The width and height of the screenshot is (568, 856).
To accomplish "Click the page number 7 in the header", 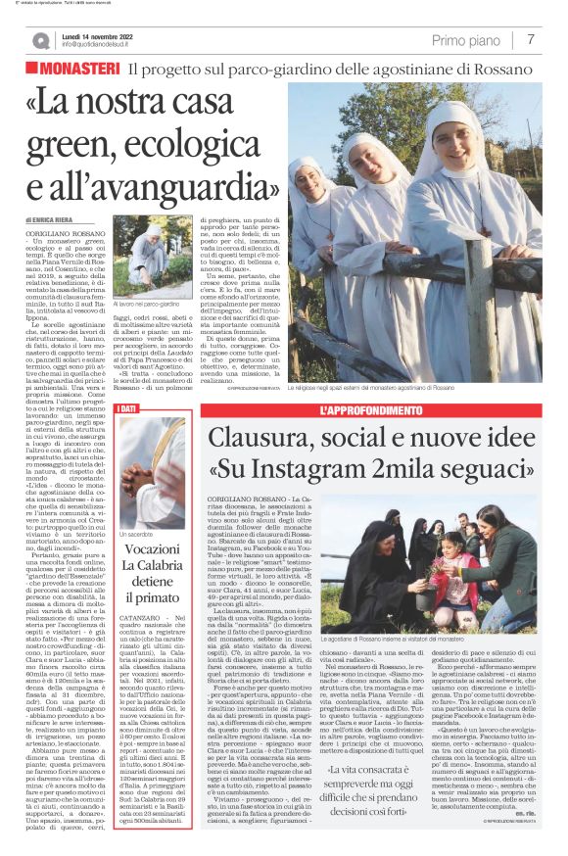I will point(530,39).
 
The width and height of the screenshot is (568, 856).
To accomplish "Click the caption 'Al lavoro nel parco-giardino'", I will point(155,305).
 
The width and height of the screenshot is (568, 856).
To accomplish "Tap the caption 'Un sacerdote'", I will point(135,534).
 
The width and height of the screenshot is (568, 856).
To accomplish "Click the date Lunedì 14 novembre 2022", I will point(103,35).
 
